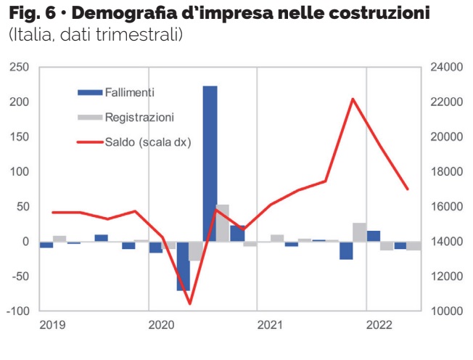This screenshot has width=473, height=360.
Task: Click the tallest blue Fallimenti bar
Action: point(210,163)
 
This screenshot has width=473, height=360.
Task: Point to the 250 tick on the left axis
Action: point(20,67)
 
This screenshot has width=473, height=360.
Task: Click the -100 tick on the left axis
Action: point(18,311)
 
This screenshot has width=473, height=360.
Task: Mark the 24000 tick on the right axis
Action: point(445,67)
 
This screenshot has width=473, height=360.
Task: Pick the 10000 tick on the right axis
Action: point(445,311)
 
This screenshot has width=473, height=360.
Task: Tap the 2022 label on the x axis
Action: point(379,325)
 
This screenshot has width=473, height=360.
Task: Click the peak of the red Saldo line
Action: point(353,99)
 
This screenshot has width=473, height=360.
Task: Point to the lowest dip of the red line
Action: point(189,303)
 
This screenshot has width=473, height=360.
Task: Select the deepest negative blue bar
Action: point(183,266)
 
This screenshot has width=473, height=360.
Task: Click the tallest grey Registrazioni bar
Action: point(223,223)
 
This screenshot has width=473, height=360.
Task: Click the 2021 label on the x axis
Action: point(269,325)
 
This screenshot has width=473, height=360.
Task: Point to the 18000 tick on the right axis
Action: point(445,172)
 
